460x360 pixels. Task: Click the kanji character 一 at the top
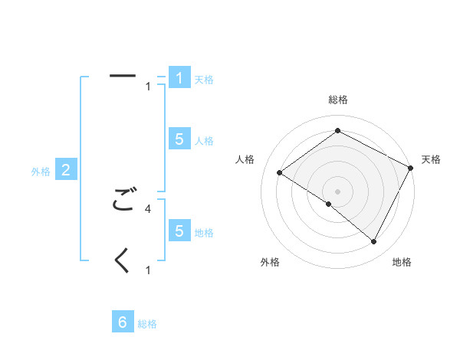coord(123,76)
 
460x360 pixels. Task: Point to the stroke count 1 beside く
coord(148,270)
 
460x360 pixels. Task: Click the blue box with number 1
coord(179,78)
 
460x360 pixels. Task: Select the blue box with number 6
coord(123,322)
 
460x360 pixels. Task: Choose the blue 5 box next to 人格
coord(179,139)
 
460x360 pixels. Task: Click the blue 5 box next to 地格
coord(179,231)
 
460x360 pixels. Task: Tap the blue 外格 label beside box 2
coord(41,172)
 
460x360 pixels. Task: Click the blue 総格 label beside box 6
coord(147,324)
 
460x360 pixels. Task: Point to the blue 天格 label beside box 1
coord(204,80)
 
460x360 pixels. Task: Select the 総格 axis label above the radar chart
coord(337,100)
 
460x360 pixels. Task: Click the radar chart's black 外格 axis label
coord(270,262)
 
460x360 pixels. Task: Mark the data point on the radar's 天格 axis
coord(411,168)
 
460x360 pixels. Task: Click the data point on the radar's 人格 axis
coord(279,172)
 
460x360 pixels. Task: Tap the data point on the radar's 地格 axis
coord(374,242)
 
